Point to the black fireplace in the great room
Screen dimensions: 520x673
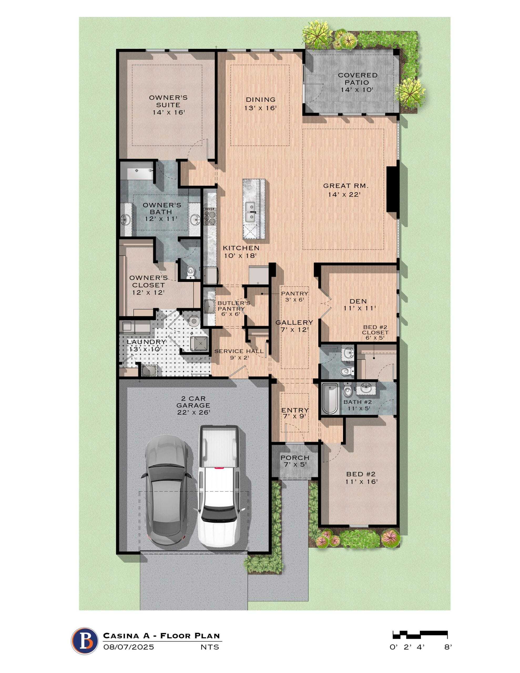pyautogui.click(x=392, y=189)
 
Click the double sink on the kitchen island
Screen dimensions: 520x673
pyautogui.click(x=250, y=212)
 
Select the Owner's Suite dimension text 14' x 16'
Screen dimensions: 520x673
pyautogui.click(x=168, y=113)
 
